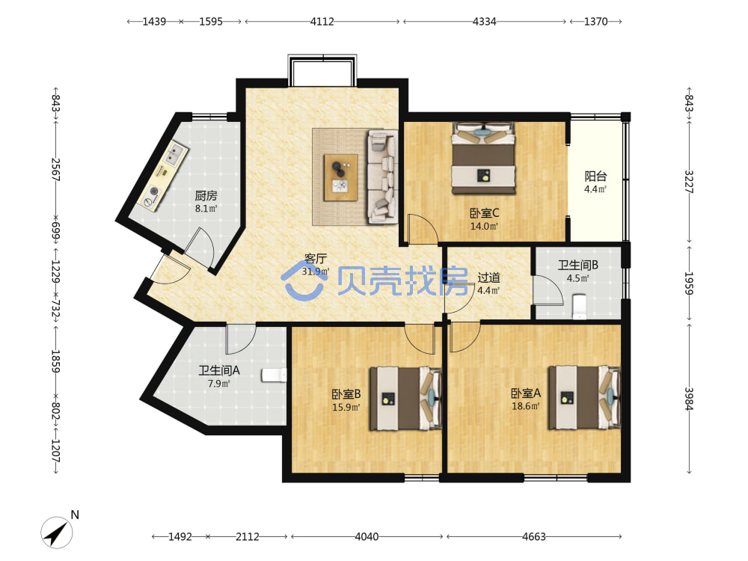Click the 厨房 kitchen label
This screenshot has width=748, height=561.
206,195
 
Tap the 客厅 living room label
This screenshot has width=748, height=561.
316,259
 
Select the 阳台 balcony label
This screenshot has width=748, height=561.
595,176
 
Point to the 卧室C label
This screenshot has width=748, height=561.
484,212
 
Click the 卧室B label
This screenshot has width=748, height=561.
346,394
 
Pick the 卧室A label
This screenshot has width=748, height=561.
526,393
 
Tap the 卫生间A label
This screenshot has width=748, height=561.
219,370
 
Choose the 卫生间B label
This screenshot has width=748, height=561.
577,266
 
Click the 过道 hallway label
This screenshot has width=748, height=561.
488,278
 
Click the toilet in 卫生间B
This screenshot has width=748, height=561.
579,306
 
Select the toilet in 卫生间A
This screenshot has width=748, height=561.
274,375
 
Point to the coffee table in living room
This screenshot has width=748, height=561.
340,177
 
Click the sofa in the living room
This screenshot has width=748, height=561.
382,177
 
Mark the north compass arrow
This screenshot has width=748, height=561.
57,533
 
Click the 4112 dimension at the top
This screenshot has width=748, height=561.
322,22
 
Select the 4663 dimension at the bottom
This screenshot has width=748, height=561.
534,536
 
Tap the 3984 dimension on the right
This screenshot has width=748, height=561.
689,399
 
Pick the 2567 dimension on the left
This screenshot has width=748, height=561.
56,169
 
